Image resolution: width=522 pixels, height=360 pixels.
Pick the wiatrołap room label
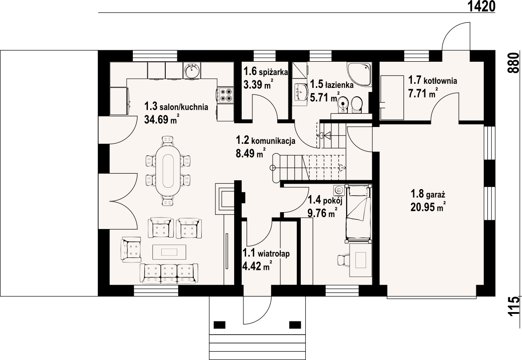tap(274, 254)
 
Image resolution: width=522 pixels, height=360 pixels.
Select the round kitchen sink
tap(191, 71)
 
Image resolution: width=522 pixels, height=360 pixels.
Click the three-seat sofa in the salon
tap(169, 273)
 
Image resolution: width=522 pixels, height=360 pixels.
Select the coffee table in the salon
tap(169, 252)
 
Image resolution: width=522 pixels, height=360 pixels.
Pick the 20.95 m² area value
tap(428, 207)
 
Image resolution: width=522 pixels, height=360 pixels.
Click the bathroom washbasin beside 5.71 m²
tap(302, 92)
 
